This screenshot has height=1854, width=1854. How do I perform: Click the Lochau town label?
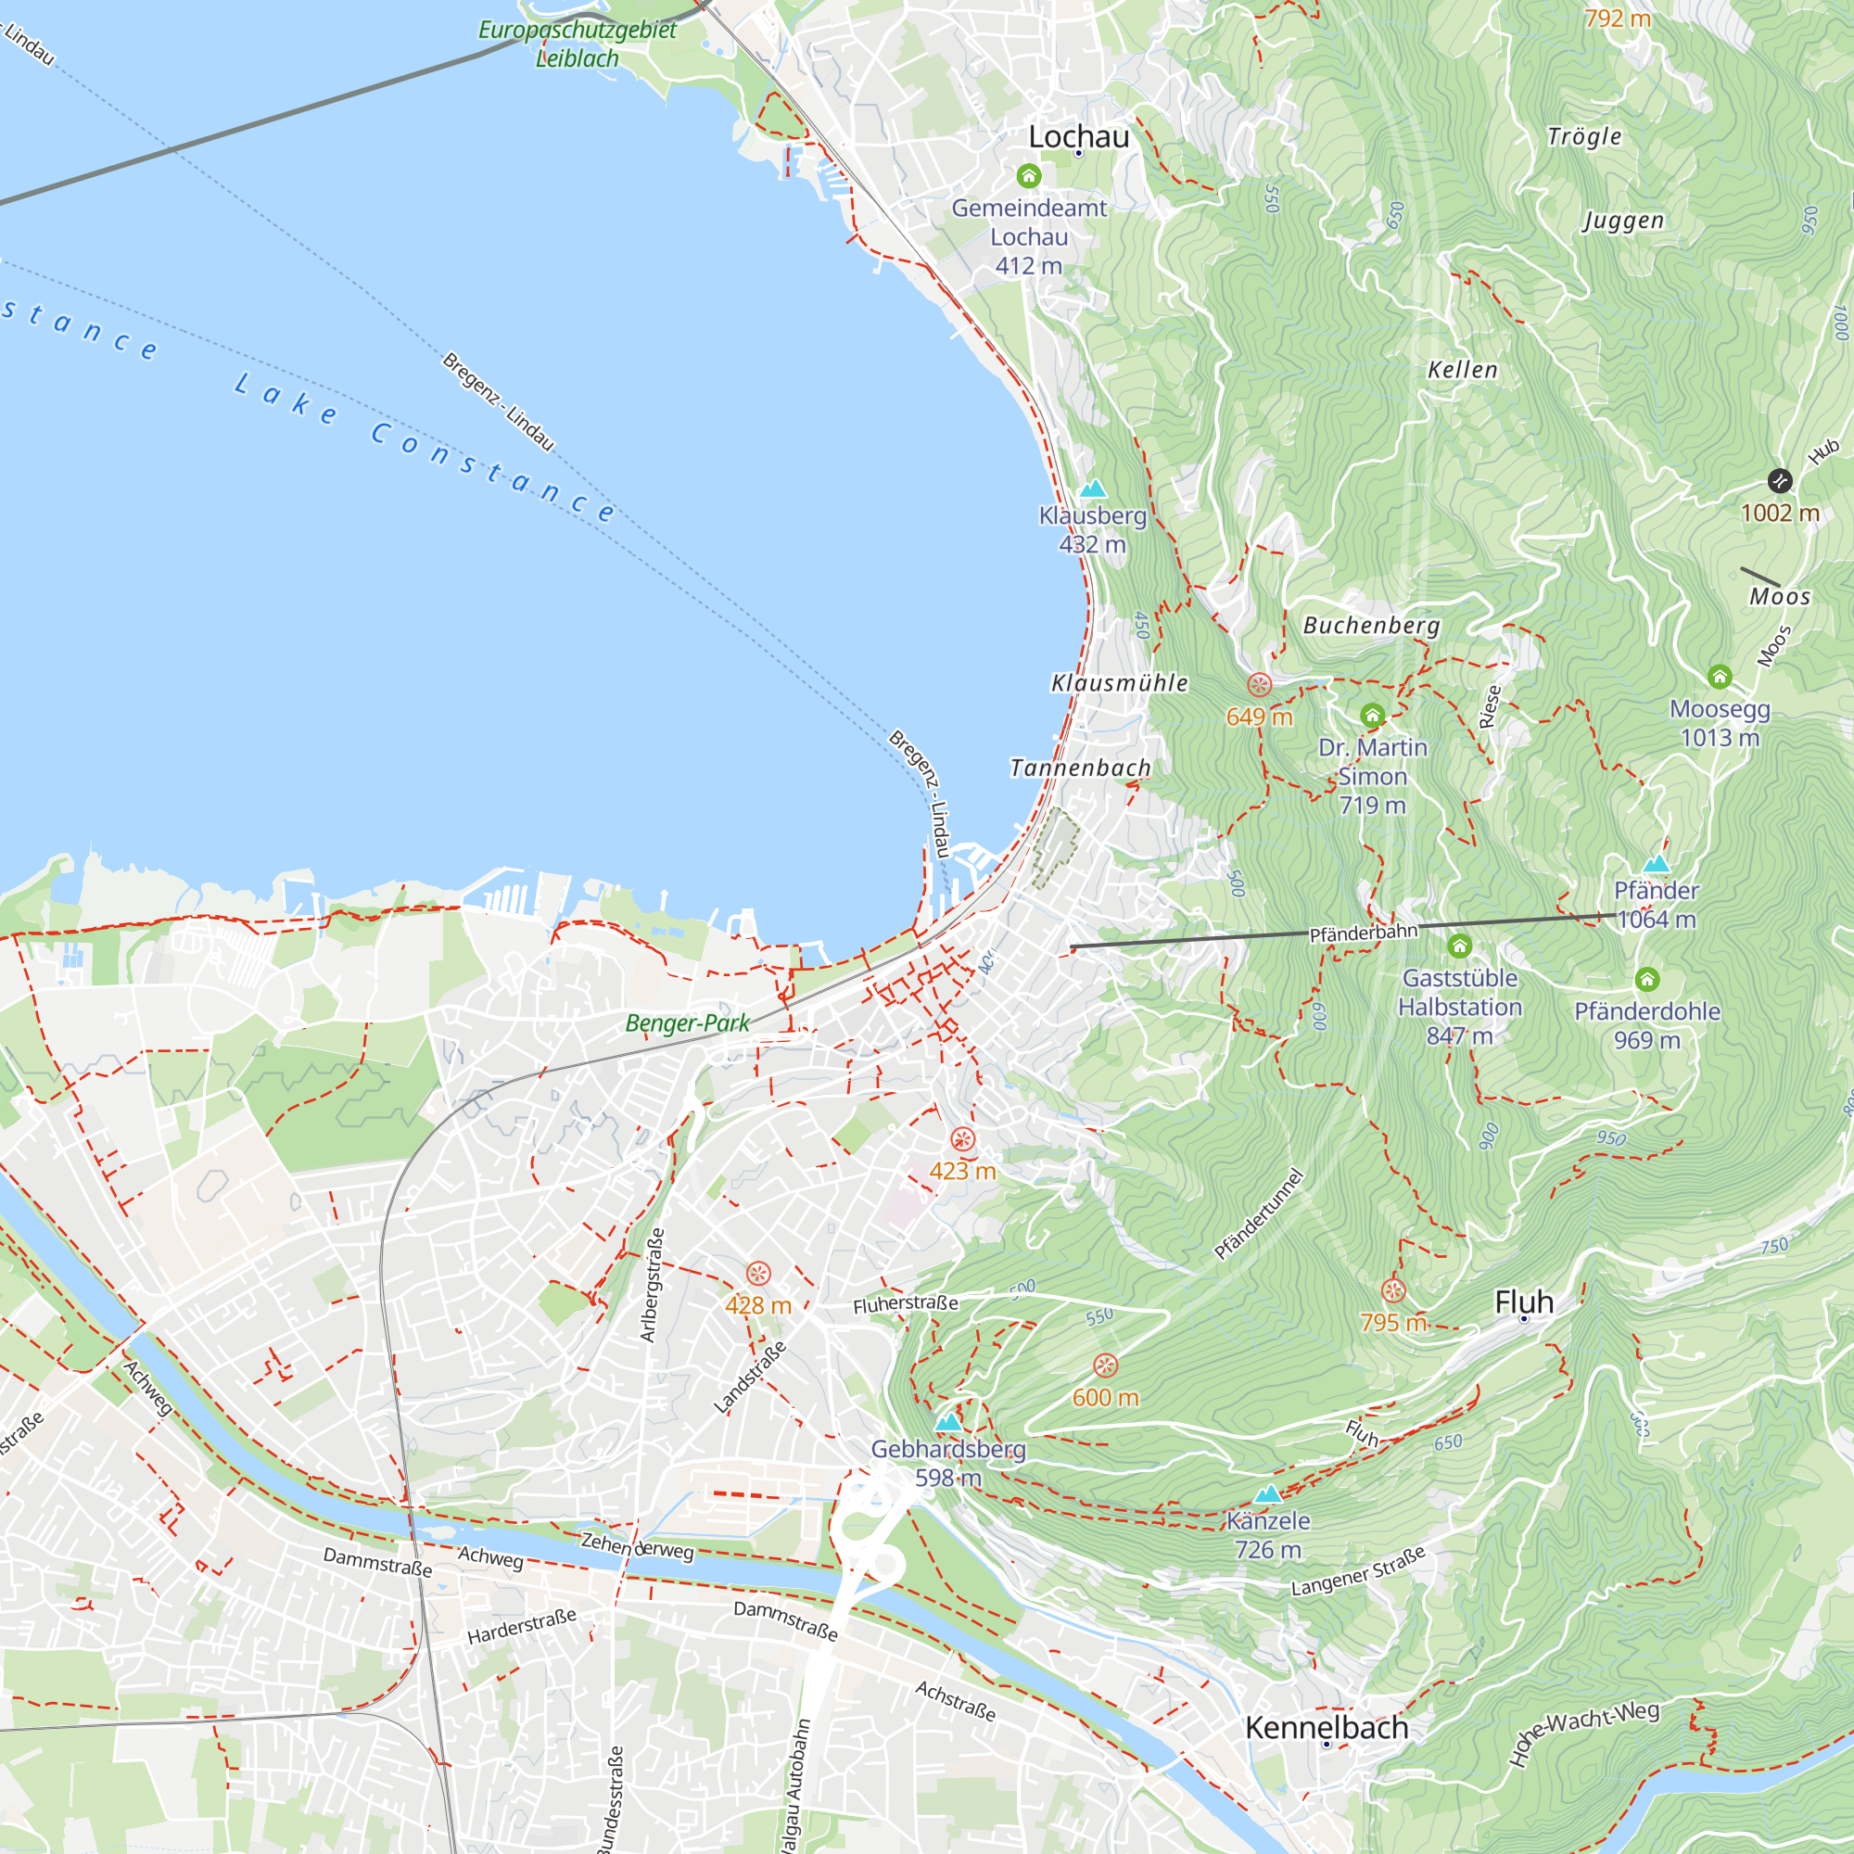[1079, 136]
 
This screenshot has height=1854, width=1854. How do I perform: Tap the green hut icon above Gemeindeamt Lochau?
[1029, 175]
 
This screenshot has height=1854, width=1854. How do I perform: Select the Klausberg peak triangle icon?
[1093, 489]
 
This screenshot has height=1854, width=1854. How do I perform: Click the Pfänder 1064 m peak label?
[1657, 904]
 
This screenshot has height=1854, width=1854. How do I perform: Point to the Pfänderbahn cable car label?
[1363, 933]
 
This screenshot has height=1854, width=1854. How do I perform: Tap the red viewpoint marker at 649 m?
[1259, 685]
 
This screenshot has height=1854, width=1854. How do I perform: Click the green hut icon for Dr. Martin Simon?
[1372, 715]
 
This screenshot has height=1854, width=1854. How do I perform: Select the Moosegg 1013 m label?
[1720, 723]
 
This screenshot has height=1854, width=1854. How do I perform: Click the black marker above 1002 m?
[1780, 480]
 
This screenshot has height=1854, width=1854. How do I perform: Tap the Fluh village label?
[1524, 1302]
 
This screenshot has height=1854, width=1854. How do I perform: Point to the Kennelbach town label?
[1327, 1727]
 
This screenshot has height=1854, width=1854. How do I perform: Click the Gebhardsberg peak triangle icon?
[948, 1422]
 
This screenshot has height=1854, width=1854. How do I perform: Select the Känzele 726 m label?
[1267, 1534]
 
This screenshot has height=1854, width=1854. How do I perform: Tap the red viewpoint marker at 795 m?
[1393, 1290]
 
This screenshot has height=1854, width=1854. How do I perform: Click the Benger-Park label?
[687, 1023]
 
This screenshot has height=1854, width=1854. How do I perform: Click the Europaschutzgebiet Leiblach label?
[577, 44]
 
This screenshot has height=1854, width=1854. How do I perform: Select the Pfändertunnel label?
[1259, 1214]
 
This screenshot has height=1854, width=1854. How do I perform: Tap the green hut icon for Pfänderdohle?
[1647, 979]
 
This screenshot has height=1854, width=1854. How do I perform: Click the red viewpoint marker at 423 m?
[962, 1139]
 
